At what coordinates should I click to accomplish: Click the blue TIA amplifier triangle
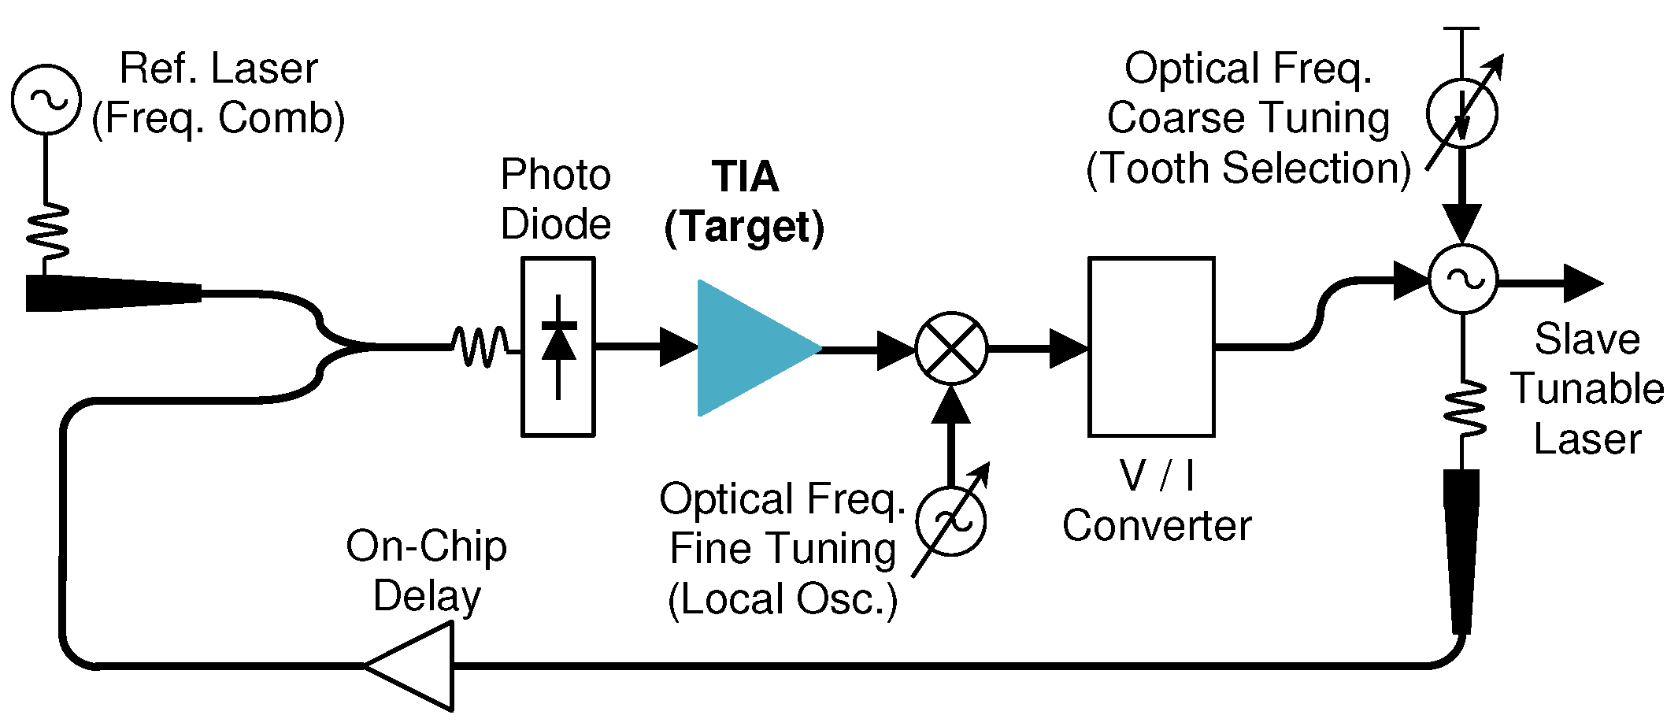(748, 347)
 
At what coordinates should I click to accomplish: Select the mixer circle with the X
(951, 348)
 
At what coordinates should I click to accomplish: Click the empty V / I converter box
(1151, 346)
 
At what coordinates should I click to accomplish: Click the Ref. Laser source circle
(46, 99)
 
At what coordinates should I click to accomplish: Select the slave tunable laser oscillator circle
(1463, 280)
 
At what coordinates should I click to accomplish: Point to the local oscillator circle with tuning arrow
(951, 520)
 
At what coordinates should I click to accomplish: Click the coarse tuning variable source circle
(1461, 113)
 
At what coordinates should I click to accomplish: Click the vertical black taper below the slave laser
(1461, 551)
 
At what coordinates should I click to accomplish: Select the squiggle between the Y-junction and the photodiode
(481, 346)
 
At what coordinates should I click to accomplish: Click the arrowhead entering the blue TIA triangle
(678, 346)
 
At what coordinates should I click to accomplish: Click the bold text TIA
(745, 177)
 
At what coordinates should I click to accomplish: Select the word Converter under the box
(1156, 526)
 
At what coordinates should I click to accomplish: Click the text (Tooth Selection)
(1248, 169)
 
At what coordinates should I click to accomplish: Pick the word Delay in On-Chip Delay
(427, 596)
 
